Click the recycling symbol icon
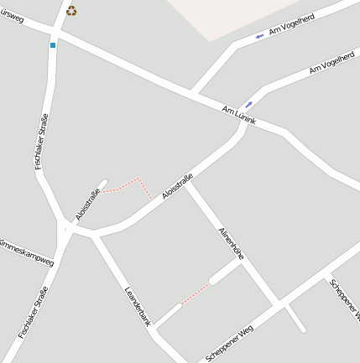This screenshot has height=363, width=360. [71, 11]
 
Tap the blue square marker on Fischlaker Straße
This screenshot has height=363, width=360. [53, 44]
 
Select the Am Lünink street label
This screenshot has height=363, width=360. [239, 117]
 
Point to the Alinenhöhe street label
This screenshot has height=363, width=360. [231, 242]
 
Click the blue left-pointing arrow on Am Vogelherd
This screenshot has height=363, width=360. [259, 36]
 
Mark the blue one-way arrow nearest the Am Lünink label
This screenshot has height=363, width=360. [248, 104]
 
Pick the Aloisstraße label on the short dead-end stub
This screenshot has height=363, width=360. [87, 205]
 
